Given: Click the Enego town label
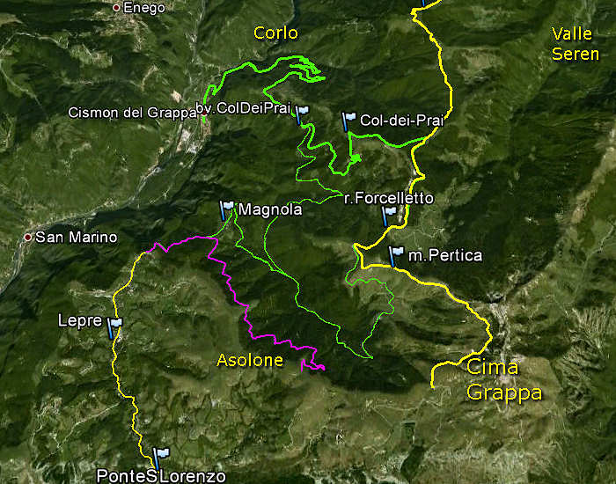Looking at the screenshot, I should [x=144, y=7].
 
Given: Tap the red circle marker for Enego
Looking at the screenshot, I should [x=117, y=7].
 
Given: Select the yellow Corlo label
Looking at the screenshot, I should [x=275, y=33].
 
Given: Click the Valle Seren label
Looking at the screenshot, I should [x=576, y=43].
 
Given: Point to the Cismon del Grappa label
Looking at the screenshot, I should [x=132, y=113].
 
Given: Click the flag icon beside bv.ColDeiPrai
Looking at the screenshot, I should [x=302, y=114].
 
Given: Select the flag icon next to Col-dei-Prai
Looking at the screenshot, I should [x=348, y=120].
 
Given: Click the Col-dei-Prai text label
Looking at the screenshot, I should [x=401, y=120].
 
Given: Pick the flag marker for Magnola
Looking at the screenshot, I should [x=227, y=209].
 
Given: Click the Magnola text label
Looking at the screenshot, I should [x=270, y=210].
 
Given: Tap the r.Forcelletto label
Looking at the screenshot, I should [x=388, y=199].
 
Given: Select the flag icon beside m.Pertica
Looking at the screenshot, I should [x=396, y=255].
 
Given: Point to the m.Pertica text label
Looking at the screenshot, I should [x=445, y=255].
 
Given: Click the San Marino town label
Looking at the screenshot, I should [x=82, y=238].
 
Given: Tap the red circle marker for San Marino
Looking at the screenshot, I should [x=28, y=238].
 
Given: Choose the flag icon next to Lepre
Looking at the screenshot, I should [x=114, y=327].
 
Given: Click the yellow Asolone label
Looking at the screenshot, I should [x=250, y=360].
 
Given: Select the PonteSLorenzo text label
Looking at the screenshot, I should [x=161, y=476].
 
